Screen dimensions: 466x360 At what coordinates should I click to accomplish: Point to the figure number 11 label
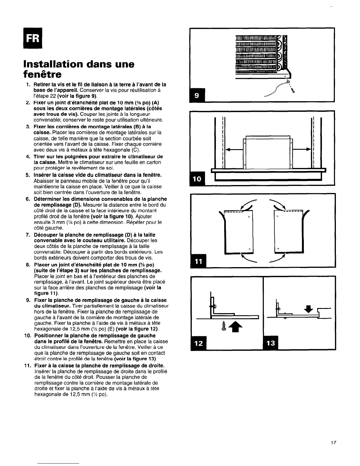coord(199,260)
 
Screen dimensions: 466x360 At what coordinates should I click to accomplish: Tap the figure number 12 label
coord(199,343)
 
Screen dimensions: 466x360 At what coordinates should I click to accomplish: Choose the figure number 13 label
coord(271,343)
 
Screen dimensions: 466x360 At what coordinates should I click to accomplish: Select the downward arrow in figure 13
coord(308,309)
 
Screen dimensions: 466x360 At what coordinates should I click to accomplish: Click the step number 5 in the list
coord(27,175)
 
